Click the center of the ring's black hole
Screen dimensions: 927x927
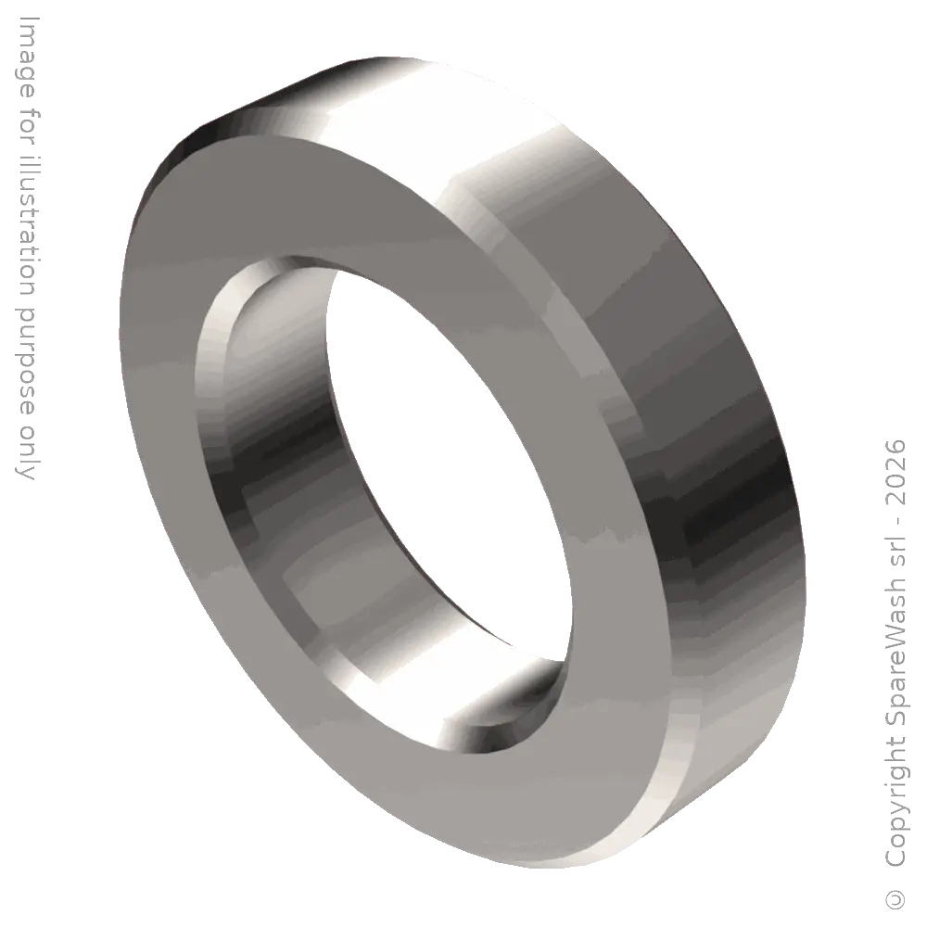(x=445, y=445)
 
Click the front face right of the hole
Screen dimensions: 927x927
(x=603, y=519)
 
